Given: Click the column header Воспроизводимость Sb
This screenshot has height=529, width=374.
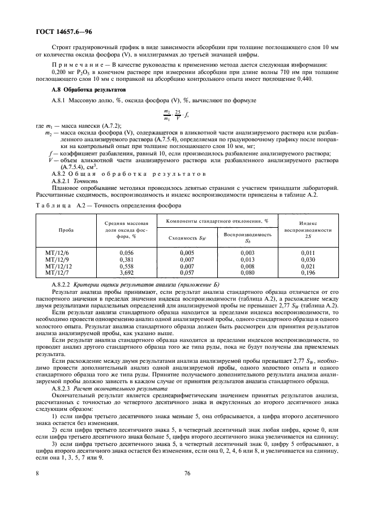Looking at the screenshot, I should pos(247,237).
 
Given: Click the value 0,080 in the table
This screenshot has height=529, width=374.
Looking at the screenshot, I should pos(247,272).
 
